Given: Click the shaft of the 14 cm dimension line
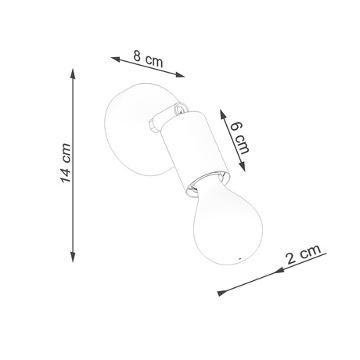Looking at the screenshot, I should [74, 203].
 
